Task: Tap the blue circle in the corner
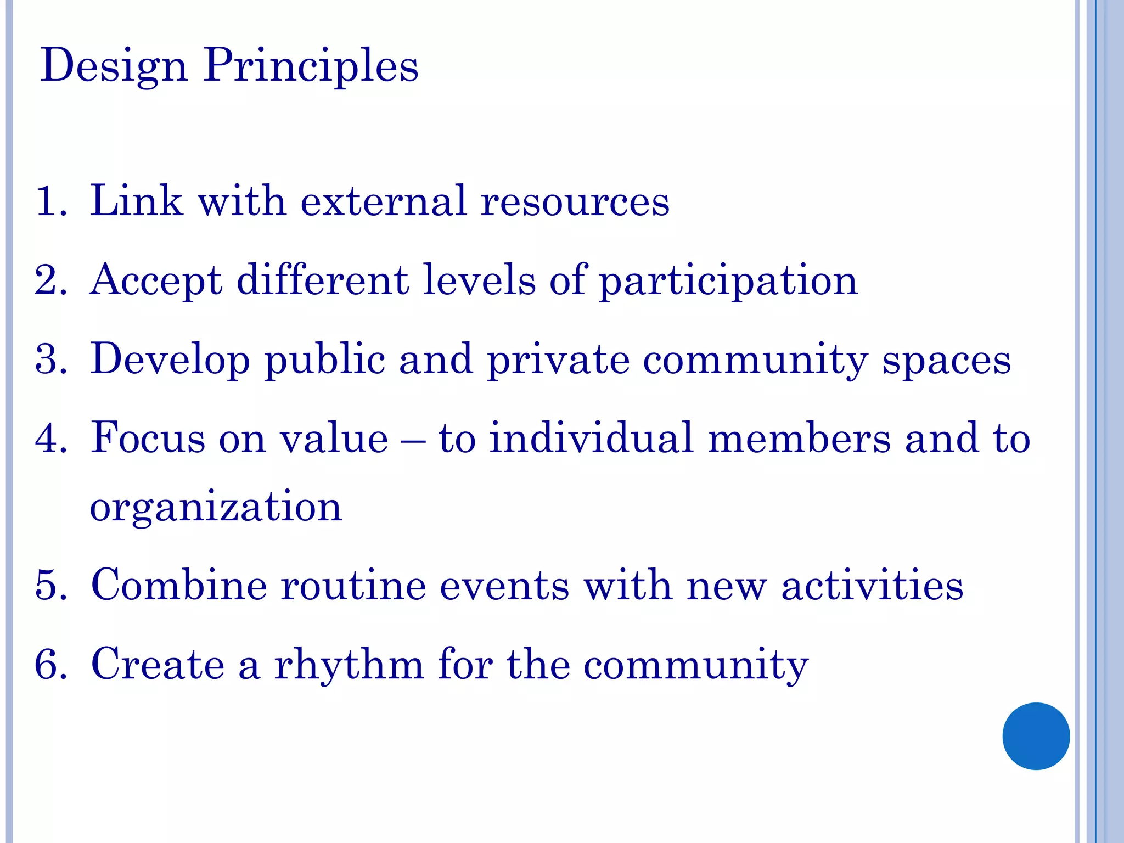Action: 1036,736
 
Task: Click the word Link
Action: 136,201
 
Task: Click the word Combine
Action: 179,585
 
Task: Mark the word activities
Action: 872,586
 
